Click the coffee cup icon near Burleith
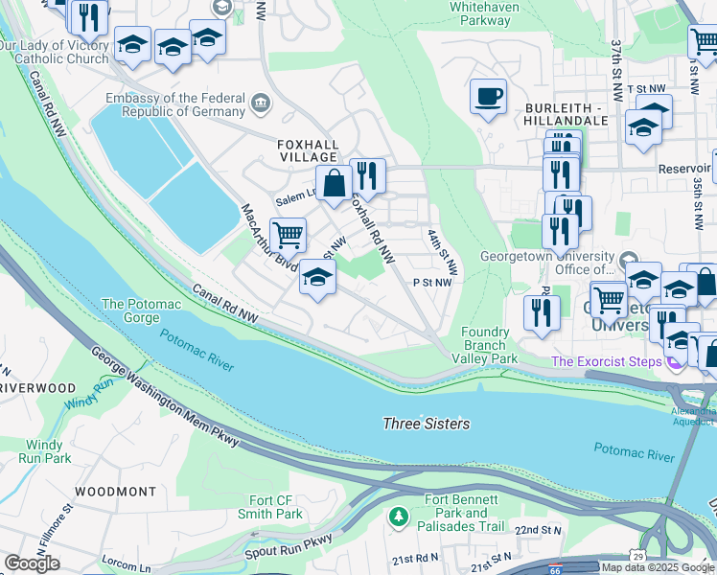[488, 97]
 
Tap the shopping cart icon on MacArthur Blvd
[288, 233]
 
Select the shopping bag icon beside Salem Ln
[334, 183]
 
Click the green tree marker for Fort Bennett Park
[398, 517]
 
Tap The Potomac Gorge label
[141, 310]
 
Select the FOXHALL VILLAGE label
[307, 149]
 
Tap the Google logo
[32, 563]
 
